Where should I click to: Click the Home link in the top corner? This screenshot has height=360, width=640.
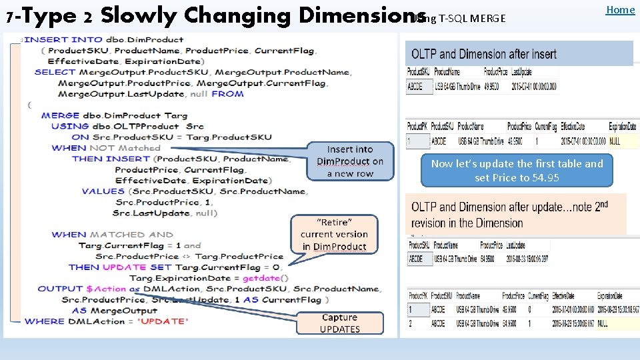[x=620, y=9]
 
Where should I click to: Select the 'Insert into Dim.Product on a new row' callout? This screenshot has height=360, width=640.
[x=350, y=161]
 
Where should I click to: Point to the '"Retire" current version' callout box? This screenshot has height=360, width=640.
[x=335, y=234]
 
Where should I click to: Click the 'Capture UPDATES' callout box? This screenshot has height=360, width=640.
[x=340, y=323]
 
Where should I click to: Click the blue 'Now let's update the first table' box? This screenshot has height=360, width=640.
[x=517, y=170]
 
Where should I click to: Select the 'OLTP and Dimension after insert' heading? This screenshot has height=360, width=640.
[x=484, y=54]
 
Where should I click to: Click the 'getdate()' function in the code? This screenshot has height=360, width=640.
[x=261, y=278]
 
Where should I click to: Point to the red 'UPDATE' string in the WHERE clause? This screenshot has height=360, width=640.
[x=162, y=321]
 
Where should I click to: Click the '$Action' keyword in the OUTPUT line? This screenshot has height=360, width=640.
[x=106, y=289]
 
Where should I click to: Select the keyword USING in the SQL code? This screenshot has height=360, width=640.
[x=70, y=126]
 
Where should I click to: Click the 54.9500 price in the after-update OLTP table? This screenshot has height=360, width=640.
[x=491, y=259]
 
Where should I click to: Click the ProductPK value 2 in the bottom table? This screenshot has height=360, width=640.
[x=410, y=323]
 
